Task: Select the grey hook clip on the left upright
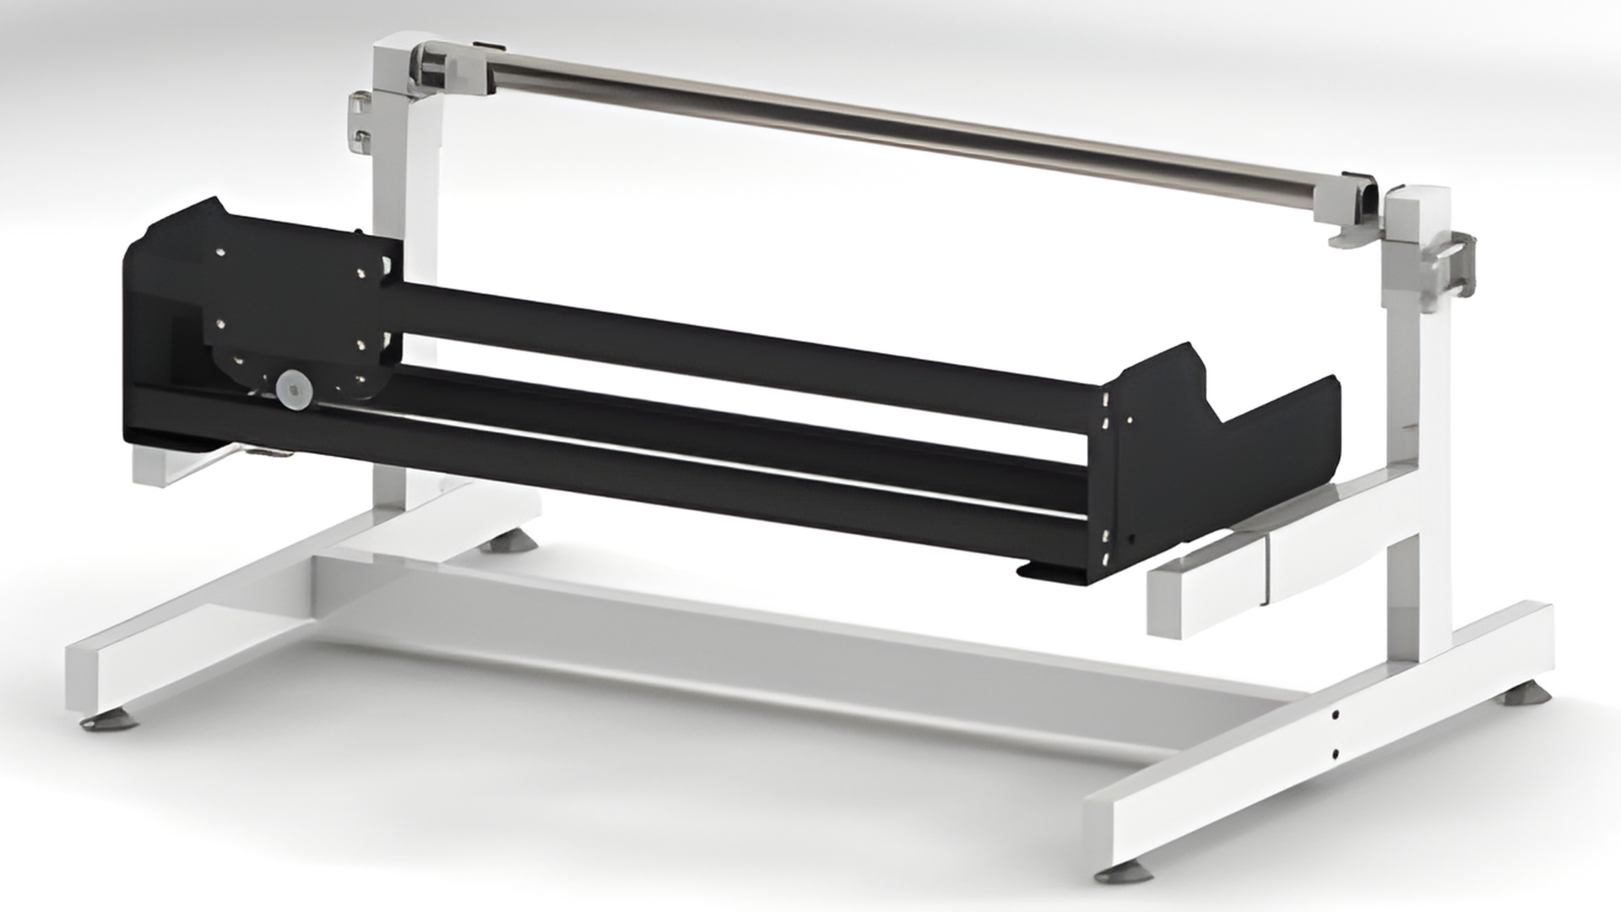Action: click(361, 123)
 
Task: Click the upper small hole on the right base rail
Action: click(1336, 715)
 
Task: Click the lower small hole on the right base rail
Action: click(1336, 752)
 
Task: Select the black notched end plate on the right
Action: click(1216, 456)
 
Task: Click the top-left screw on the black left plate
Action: click(220, 251)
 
